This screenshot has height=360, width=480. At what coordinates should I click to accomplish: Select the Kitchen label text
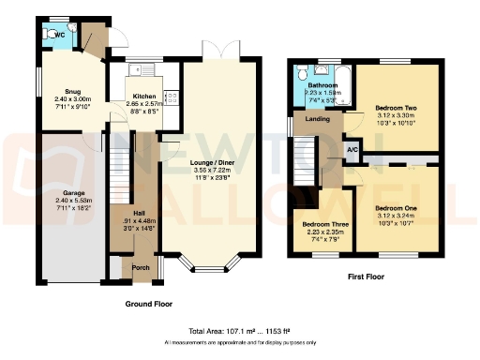point(143,97)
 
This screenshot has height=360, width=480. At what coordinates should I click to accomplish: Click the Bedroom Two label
point(395,108)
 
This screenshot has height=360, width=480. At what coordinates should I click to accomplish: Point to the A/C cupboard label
point(352,150)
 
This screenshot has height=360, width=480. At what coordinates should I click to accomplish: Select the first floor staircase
point(306,160)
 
